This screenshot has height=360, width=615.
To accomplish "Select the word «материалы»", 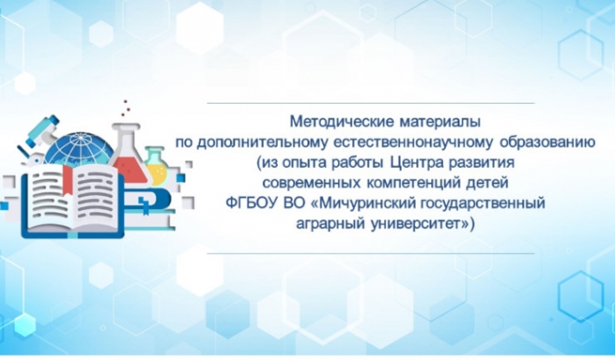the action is pyautogui.click(x=440, y=122).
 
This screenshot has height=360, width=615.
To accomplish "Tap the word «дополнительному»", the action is pyautogui.click(x=262, y=142).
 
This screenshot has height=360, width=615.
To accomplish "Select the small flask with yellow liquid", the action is pyautogui.click(x=157, y=167).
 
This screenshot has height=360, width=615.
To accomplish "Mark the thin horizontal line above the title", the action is pyautogui.click(x=371, y=103).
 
